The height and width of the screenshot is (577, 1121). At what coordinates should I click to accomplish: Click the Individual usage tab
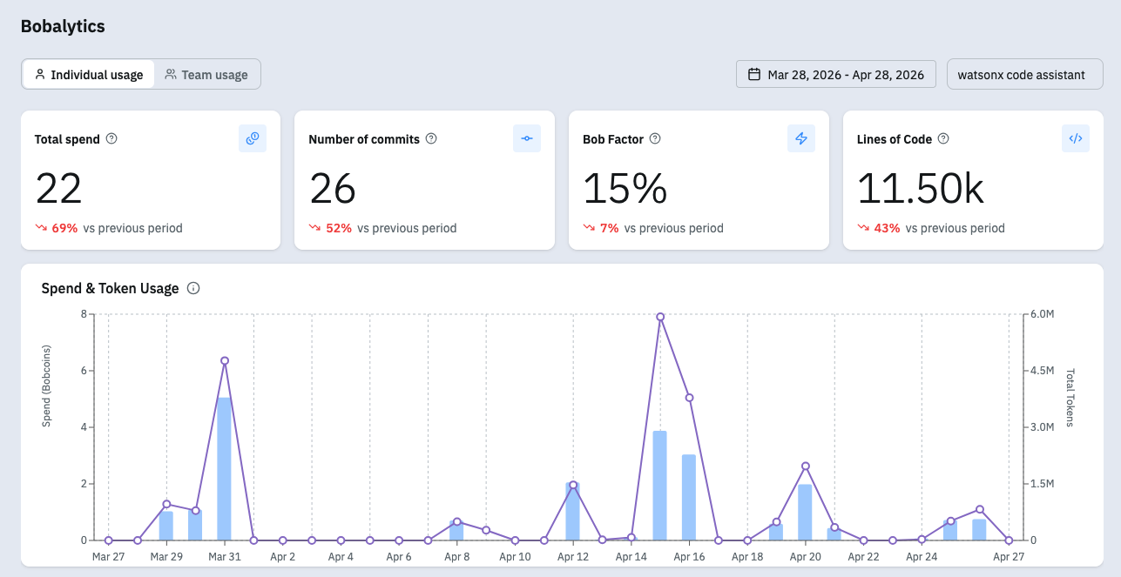89,75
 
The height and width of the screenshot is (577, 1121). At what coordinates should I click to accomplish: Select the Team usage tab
206,75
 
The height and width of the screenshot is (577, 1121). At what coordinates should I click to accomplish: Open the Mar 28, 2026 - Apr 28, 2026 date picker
836,75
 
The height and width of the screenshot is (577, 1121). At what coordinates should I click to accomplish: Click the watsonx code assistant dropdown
1025,75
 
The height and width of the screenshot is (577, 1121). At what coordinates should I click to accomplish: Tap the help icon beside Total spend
111,138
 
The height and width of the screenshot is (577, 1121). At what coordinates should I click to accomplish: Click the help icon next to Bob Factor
655,138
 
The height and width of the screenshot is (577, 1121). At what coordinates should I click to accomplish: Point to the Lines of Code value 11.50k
921,189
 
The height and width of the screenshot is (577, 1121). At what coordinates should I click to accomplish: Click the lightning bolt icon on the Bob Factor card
801,138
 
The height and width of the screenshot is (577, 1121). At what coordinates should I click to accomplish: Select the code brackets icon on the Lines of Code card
1076,138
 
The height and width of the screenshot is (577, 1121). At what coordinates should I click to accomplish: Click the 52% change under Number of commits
339,228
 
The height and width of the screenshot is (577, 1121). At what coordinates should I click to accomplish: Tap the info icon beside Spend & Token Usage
193,289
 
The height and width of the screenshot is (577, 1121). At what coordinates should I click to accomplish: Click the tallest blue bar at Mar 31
224,469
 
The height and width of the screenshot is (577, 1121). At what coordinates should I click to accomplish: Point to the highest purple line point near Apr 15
660,317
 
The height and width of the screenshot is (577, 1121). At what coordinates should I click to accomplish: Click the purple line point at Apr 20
805,466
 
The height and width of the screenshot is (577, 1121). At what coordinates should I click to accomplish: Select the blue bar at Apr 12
573,512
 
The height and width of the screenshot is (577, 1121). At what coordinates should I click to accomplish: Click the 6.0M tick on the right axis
1042,314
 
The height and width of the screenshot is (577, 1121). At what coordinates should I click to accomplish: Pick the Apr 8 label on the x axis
457,556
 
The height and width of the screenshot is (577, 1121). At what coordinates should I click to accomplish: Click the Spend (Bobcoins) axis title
46,386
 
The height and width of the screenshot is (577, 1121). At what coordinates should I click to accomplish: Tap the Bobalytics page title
63,26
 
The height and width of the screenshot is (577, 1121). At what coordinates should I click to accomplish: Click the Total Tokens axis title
1070,398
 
